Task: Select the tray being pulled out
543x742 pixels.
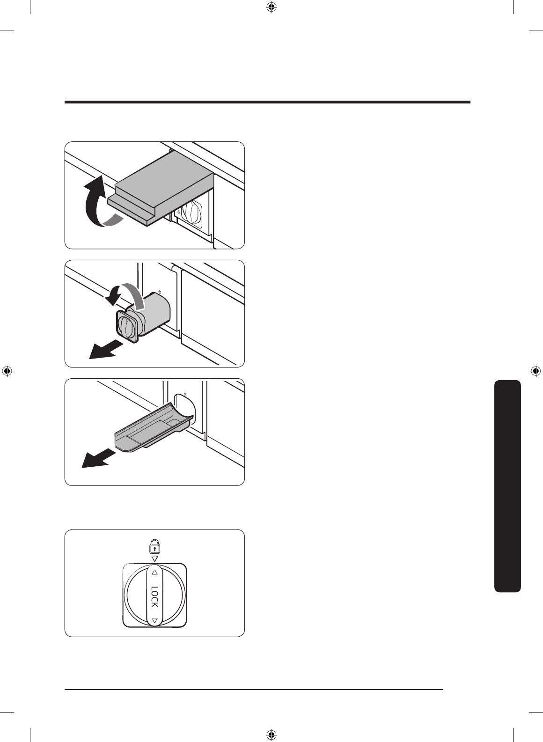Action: [150, 428]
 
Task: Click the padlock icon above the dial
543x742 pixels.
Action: [154, 547]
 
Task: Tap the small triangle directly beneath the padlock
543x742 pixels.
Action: [154, 558]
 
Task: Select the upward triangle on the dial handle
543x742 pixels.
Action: [154, 573]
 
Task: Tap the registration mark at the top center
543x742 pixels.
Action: [271, 7]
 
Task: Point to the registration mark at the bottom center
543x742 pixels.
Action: [271, 735]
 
